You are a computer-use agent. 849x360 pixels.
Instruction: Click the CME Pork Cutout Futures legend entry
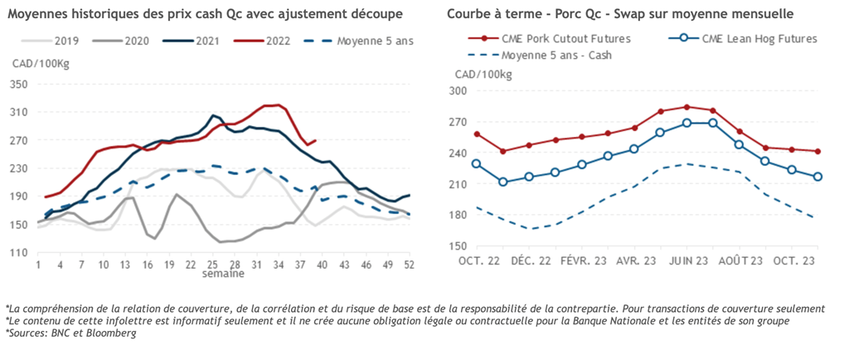pos(565,39)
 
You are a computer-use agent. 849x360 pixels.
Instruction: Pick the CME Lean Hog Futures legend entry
pos(759,39)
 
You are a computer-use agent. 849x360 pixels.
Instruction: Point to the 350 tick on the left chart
pos(19,84)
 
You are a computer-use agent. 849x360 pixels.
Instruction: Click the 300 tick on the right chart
pos(458,91)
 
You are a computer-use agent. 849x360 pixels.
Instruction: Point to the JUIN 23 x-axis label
pos(686,262)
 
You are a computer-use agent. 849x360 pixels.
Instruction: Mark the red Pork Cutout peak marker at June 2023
pos(686,107)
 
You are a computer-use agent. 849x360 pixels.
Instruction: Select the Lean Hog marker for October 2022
pos(476,163)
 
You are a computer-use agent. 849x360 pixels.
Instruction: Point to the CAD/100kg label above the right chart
pos(483,75)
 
